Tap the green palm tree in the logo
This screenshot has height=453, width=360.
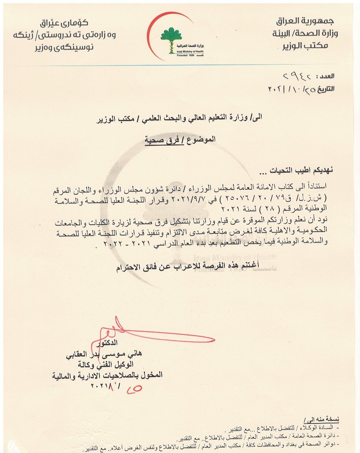coord(171,35)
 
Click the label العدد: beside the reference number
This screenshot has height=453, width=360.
coord(326,77)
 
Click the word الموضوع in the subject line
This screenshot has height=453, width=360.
coord(201,139)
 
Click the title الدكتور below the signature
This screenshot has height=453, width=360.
coord(106,343)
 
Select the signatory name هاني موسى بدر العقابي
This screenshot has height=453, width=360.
coord(103,354)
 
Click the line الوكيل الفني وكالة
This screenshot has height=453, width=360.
coord(106,364)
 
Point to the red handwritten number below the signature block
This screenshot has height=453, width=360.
coord(134,389)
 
